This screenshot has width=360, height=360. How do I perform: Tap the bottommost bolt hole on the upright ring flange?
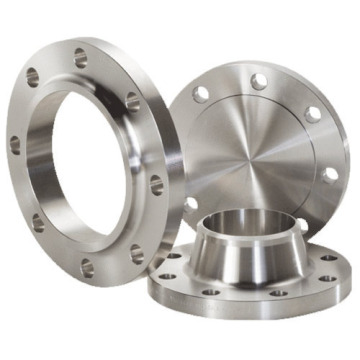tap(88, 267)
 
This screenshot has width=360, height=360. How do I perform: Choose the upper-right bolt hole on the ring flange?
tap(132, 100)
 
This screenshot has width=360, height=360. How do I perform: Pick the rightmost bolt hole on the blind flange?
tap(329, 175)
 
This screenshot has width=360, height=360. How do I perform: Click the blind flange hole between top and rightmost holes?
tap(312, 114)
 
